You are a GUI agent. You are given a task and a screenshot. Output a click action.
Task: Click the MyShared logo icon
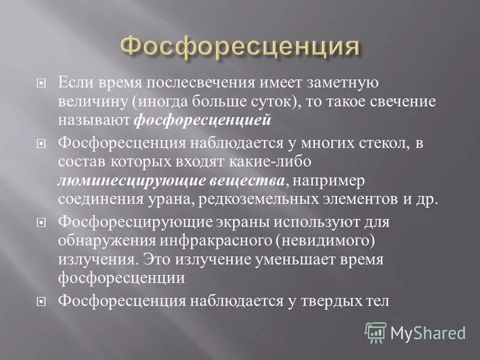(376, 332)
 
